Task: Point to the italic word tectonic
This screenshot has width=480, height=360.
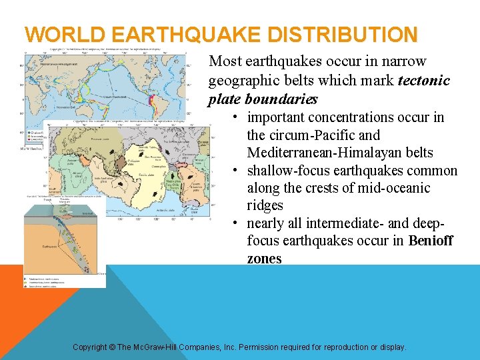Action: click(424, 81)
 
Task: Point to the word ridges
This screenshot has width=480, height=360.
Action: click(265, 205)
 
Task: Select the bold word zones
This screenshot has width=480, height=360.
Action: click(264, 259)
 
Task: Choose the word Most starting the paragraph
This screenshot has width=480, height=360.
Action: click(225, 61)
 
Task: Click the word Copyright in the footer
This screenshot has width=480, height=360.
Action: click(93, 347)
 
